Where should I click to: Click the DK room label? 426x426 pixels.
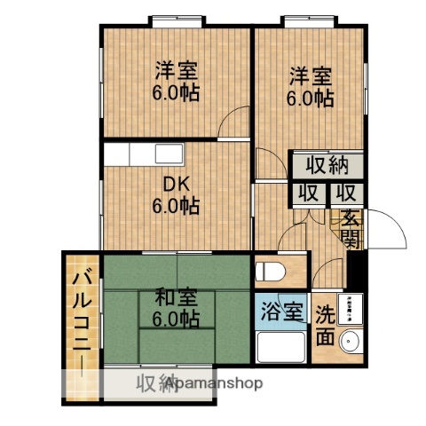tap(174, 185)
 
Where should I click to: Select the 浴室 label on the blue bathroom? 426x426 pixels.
tap(282, 312)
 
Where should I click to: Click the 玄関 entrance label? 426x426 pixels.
tap(348, 228)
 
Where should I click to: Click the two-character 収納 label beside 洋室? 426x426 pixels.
tap(327, 165)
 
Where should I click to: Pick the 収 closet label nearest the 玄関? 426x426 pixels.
tap(346, 193)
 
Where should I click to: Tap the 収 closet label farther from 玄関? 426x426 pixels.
tap(308, 193)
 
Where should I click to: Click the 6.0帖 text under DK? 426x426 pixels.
tap(174, 207)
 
